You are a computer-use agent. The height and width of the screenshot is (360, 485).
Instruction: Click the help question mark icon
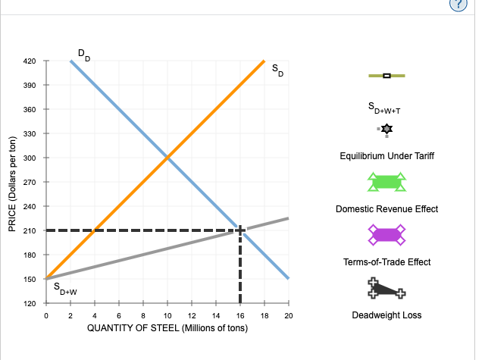click(x=469, y=6)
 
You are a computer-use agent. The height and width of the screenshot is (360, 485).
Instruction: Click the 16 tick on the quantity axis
click(x=239, y=315)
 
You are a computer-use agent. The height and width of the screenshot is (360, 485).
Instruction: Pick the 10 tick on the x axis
click(x=167, y=315)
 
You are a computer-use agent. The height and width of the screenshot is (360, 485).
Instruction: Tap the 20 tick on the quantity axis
click(x=288, y=315)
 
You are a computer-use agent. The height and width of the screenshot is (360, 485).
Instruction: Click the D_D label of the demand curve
click(x=83, y=55)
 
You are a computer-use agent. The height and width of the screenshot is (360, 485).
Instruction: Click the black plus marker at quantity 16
click(x=239, y=230)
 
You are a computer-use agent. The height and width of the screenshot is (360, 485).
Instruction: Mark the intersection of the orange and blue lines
click(x=167, y=158)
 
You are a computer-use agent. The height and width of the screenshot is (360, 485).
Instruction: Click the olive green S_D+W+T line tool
click(x=386, y=75)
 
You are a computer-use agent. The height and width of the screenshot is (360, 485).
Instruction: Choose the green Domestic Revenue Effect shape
click(x=386, y=182)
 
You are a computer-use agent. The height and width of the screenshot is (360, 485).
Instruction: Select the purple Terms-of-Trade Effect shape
click(x=386, y=235)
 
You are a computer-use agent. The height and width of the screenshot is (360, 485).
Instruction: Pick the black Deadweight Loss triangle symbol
click(x=386, y=289)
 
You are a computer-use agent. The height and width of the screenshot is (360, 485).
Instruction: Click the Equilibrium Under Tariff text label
click(x=386, y=155)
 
